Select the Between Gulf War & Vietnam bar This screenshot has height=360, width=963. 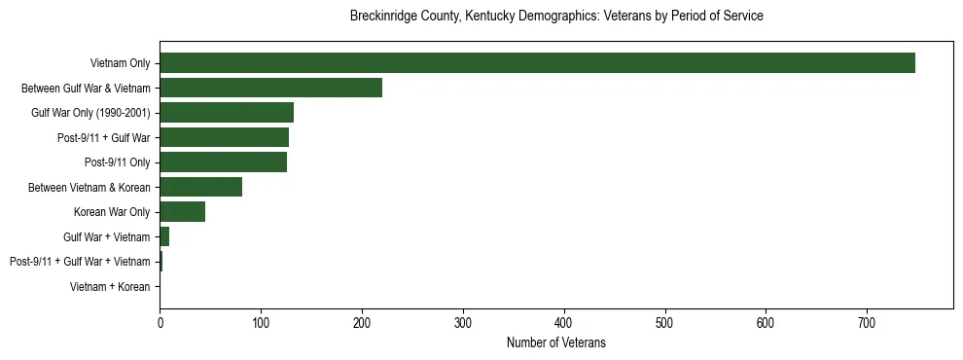tap(270, 89)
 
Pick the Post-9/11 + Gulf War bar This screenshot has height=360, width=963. tap(224, 137)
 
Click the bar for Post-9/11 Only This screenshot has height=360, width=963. tap(223, 162)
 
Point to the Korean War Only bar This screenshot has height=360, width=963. tap(182, 212)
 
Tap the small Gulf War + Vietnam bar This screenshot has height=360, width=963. tap(164, 236)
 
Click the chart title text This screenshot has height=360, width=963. tap(555, 17)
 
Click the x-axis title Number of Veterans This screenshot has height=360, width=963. tap(555, 343)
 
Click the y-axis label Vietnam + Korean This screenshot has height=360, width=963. tap(110, 287)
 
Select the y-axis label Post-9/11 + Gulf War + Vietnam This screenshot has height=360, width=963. tap(80, 262)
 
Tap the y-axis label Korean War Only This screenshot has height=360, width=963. tap(112, 212)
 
